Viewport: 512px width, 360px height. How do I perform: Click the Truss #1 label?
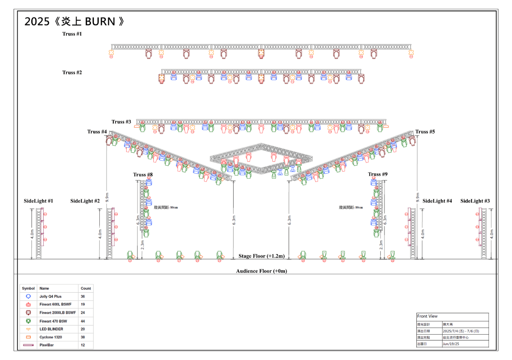(x=72, y=34)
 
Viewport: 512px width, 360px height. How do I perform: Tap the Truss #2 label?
(x=72, y=73)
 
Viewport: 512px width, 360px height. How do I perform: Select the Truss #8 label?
(x=143, y=175)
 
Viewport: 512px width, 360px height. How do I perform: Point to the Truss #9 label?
(x=377, y=174)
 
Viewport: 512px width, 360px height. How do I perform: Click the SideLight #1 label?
(x=38, y=201)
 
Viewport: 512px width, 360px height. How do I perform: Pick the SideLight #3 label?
(x=475, y=201)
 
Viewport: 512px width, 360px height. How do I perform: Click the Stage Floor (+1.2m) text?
(x=261, y=256)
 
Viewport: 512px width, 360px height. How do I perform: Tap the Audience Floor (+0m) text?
(x=261, y=271)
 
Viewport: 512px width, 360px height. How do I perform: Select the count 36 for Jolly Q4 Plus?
(x=83, y=296)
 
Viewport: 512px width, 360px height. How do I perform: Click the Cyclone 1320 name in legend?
(x=51, y=337)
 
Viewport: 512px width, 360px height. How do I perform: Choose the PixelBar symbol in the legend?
(x=28, y=345)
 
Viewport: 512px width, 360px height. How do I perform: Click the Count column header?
(x=86, y=288)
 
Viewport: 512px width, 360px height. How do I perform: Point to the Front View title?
(x=427, y=316)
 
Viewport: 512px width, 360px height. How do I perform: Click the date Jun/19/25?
(x=451, y=344)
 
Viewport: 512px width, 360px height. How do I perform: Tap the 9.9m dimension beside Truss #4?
(x=107, y=197)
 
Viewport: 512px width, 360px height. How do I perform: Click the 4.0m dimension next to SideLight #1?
(x=32, y=234)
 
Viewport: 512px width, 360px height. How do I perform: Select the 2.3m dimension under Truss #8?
(x=143, y=245)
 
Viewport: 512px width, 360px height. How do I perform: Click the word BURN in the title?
(x=100, y=22)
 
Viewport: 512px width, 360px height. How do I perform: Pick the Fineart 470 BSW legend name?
(x=53, y=321)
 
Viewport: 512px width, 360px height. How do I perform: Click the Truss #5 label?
(x=425, y=132)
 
